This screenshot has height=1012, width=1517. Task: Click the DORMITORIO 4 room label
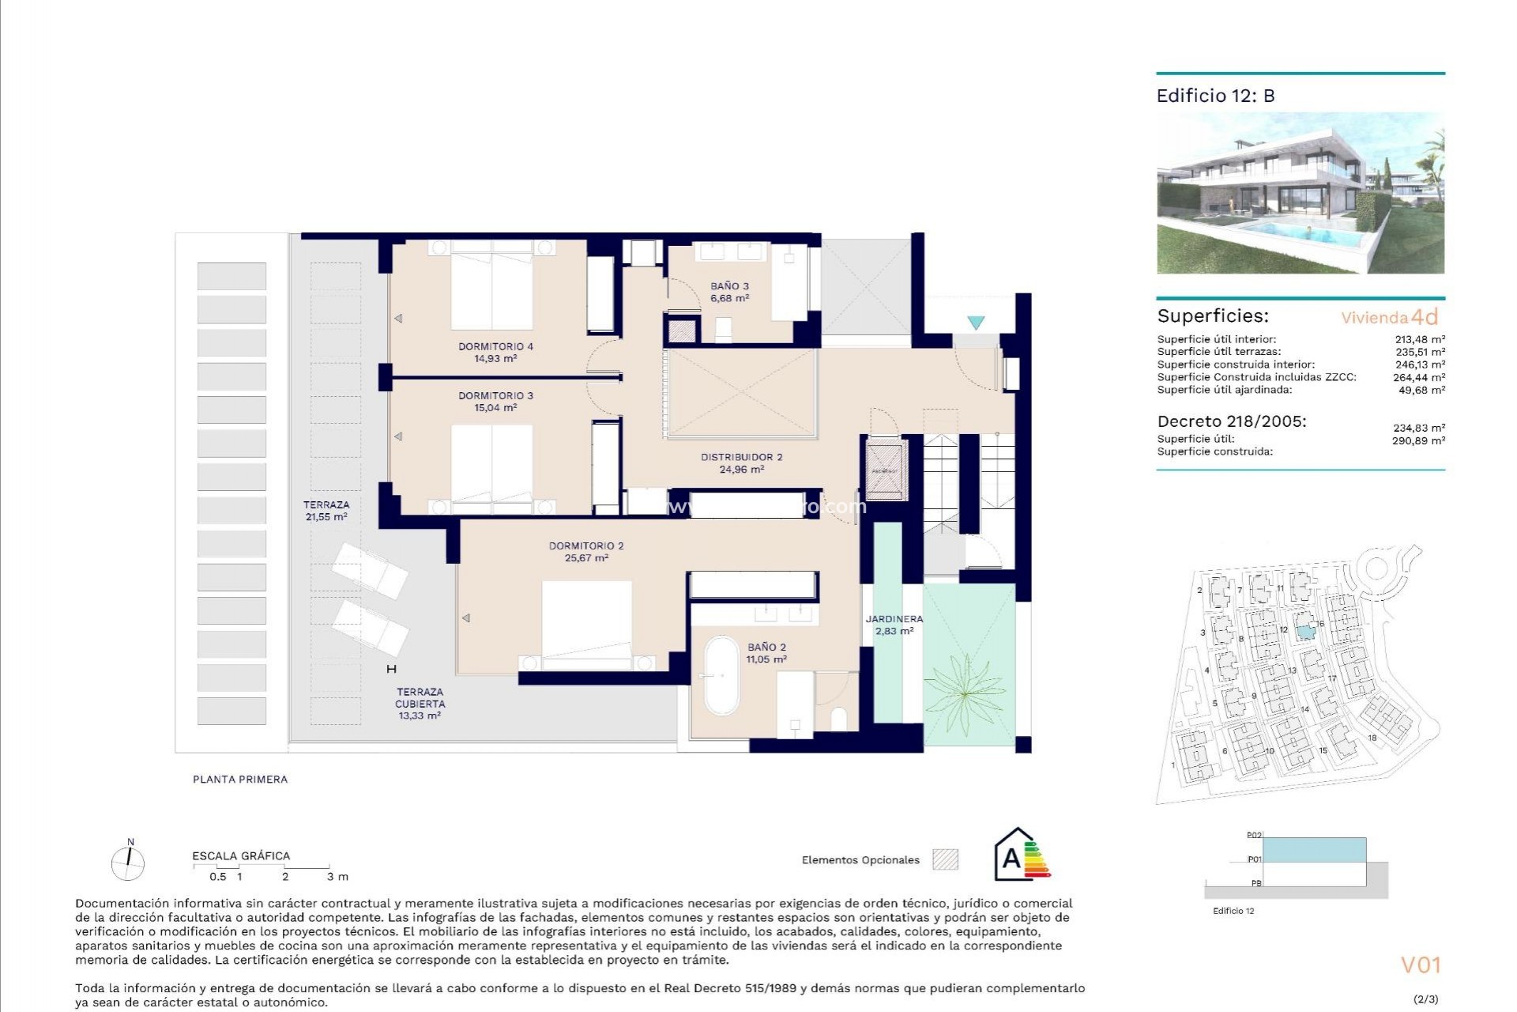click(x=495, y=346)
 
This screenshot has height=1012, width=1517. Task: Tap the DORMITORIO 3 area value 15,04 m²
click(x=495, y=408)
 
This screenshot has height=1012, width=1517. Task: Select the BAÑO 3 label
click(x=729, y=286)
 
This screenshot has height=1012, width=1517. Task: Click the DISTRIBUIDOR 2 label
click(x=741, y=457)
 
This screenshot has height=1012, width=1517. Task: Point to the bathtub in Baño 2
click(x=721, y=675)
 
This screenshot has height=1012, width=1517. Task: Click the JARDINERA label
click(x=894, y=619)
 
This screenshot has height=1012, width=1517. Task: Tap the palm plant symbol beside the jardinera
click(x=966, y=693)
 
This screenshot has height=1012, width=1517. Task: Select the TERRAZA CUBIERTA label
click(x=420, y=697)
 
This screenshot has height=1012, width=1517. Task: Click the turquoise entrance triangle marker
click(x=976, y=323)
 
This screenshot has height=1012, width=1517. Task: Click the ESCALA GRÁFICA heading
click(x=241, y=855)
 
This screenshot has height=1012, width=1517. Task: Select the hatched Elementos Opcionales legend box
click(x=945, y=859)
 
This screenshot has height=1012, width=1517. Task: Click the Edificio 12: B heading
click(x=1215, y=96)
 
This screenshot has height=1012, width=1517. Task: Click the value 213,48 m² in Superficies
click(x=1419, y=339)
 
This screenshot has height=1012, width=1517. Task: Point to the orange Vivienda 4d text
click(x=1389, y=318)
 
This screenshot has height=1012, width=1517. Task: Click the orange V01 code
click(x=1421, y=965)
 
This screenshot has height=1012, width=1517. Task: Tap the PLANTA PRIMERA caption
click(x=240, y=779)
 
